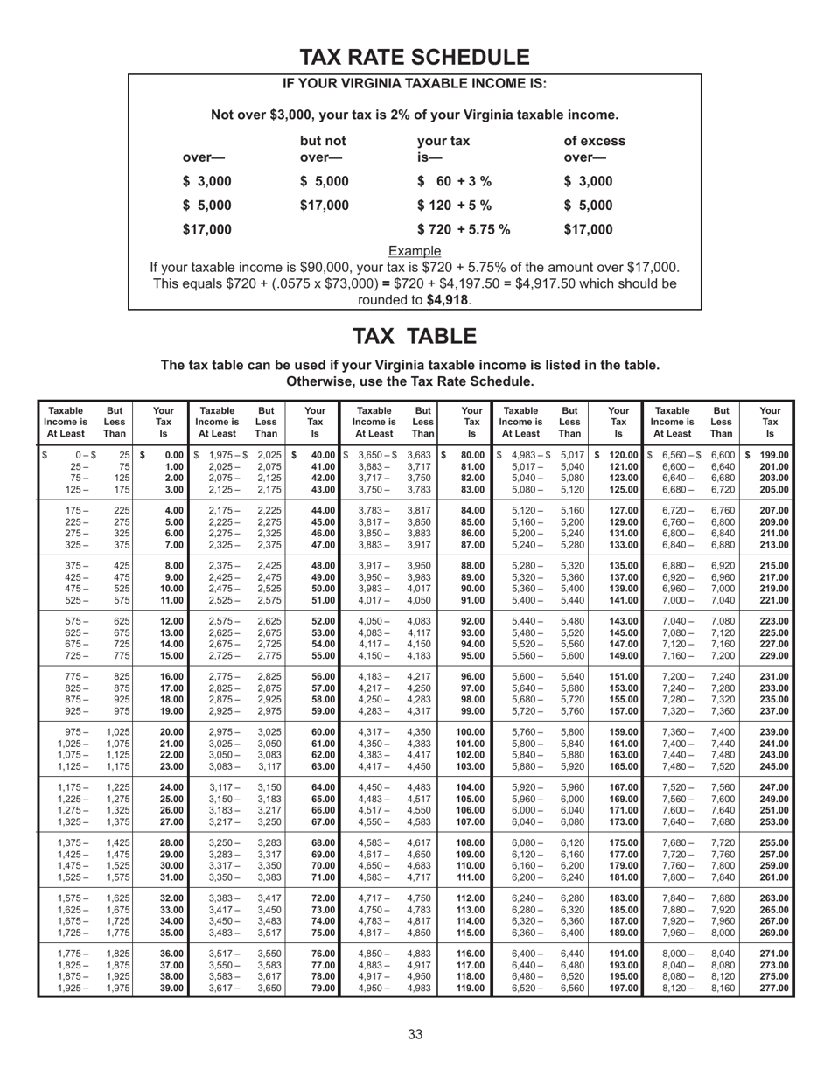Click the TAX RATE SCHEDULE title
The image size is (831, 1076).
tap(415, 58)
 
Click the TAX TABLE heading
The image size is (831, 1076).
tap(415, 336)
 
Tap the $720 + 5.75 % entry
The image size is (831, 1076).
tap(464, 230)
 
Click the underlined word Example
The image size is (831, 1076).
tap(415, 251)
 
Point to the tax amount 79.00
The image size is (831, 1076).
tap(323, 989)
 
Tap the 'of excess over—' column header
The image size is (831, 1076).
tap(594, 149)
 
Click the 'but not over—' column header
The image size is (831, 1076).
tap(323, 149)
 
